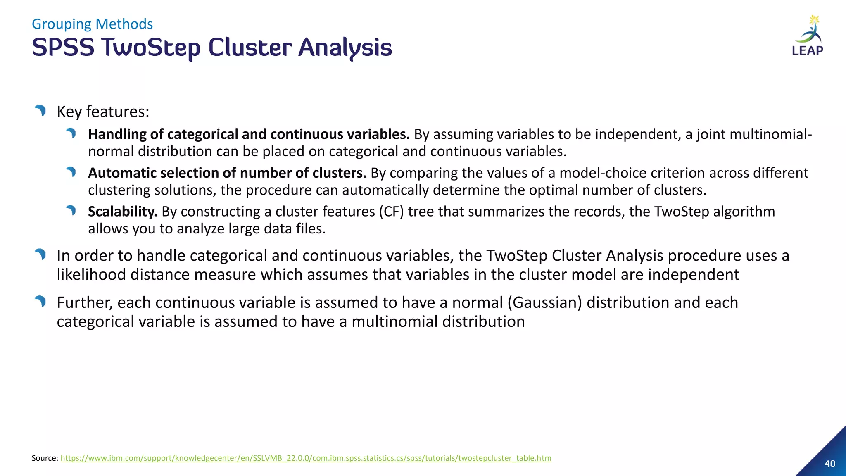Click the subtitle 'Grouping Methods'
point(92,24)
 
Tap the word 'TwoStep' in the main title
point(151,48)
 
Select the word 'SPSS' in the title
point(63,48)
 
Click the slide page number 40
point(829,464)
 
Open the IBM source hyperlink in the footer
point(306,458)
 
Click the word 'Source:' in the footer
point(45,458)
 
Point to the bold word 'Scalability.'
point(123,212)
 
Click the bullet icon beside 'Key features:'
point(40,110)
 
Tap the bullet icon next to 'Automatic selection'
point(71,171)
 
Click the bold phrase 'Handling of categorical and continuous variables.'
point(249,134)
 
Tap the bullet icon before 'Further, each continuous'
point(40,301)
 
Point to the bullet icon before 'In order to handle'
point(40,254)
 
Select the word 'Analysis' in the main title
point(345,48)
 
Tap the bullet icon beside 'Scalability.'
point(71,210)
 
